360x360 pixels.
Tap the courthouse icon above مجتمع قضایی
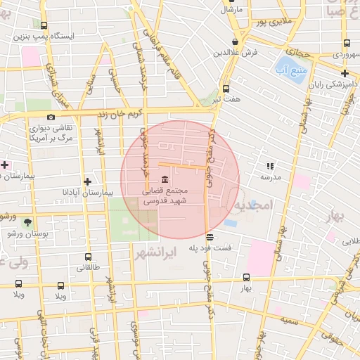click(164, 179)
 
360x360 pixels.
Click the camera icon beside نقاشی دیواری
click(51, 117)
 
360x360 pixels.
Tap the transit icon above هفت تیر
click(226, 89)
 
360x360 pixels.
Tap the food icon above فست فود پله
click(210, 236)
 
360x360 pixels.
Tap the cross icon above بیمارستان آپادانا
click(87, 181)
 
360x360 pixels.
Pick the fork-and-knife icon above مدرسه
click(270, 167)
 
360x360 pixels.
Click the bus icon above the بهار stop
click(245, 278)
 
